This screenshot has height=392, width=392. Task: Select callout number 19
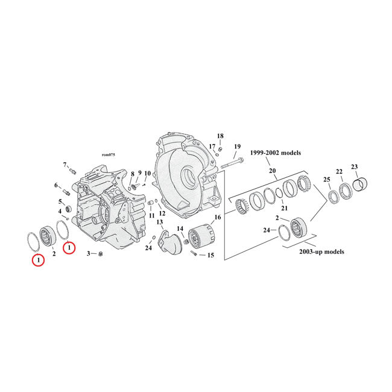(237, 147)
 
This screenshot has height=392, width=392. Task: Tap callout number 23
(354, 166)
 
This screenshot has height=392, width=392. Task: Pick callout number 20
(272, 171)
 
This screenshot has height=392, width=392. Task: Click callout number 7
(65, 165)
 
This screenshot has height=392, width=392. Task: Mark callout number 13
(160, 223)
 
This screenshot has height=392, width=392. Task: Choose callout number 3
(88, 254)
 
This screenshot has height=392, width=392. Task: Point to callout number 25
(327, 180)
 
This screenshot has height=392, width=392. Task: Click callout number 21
(284, 208)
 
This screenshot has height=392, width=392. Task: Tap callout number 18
(220, 136)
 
